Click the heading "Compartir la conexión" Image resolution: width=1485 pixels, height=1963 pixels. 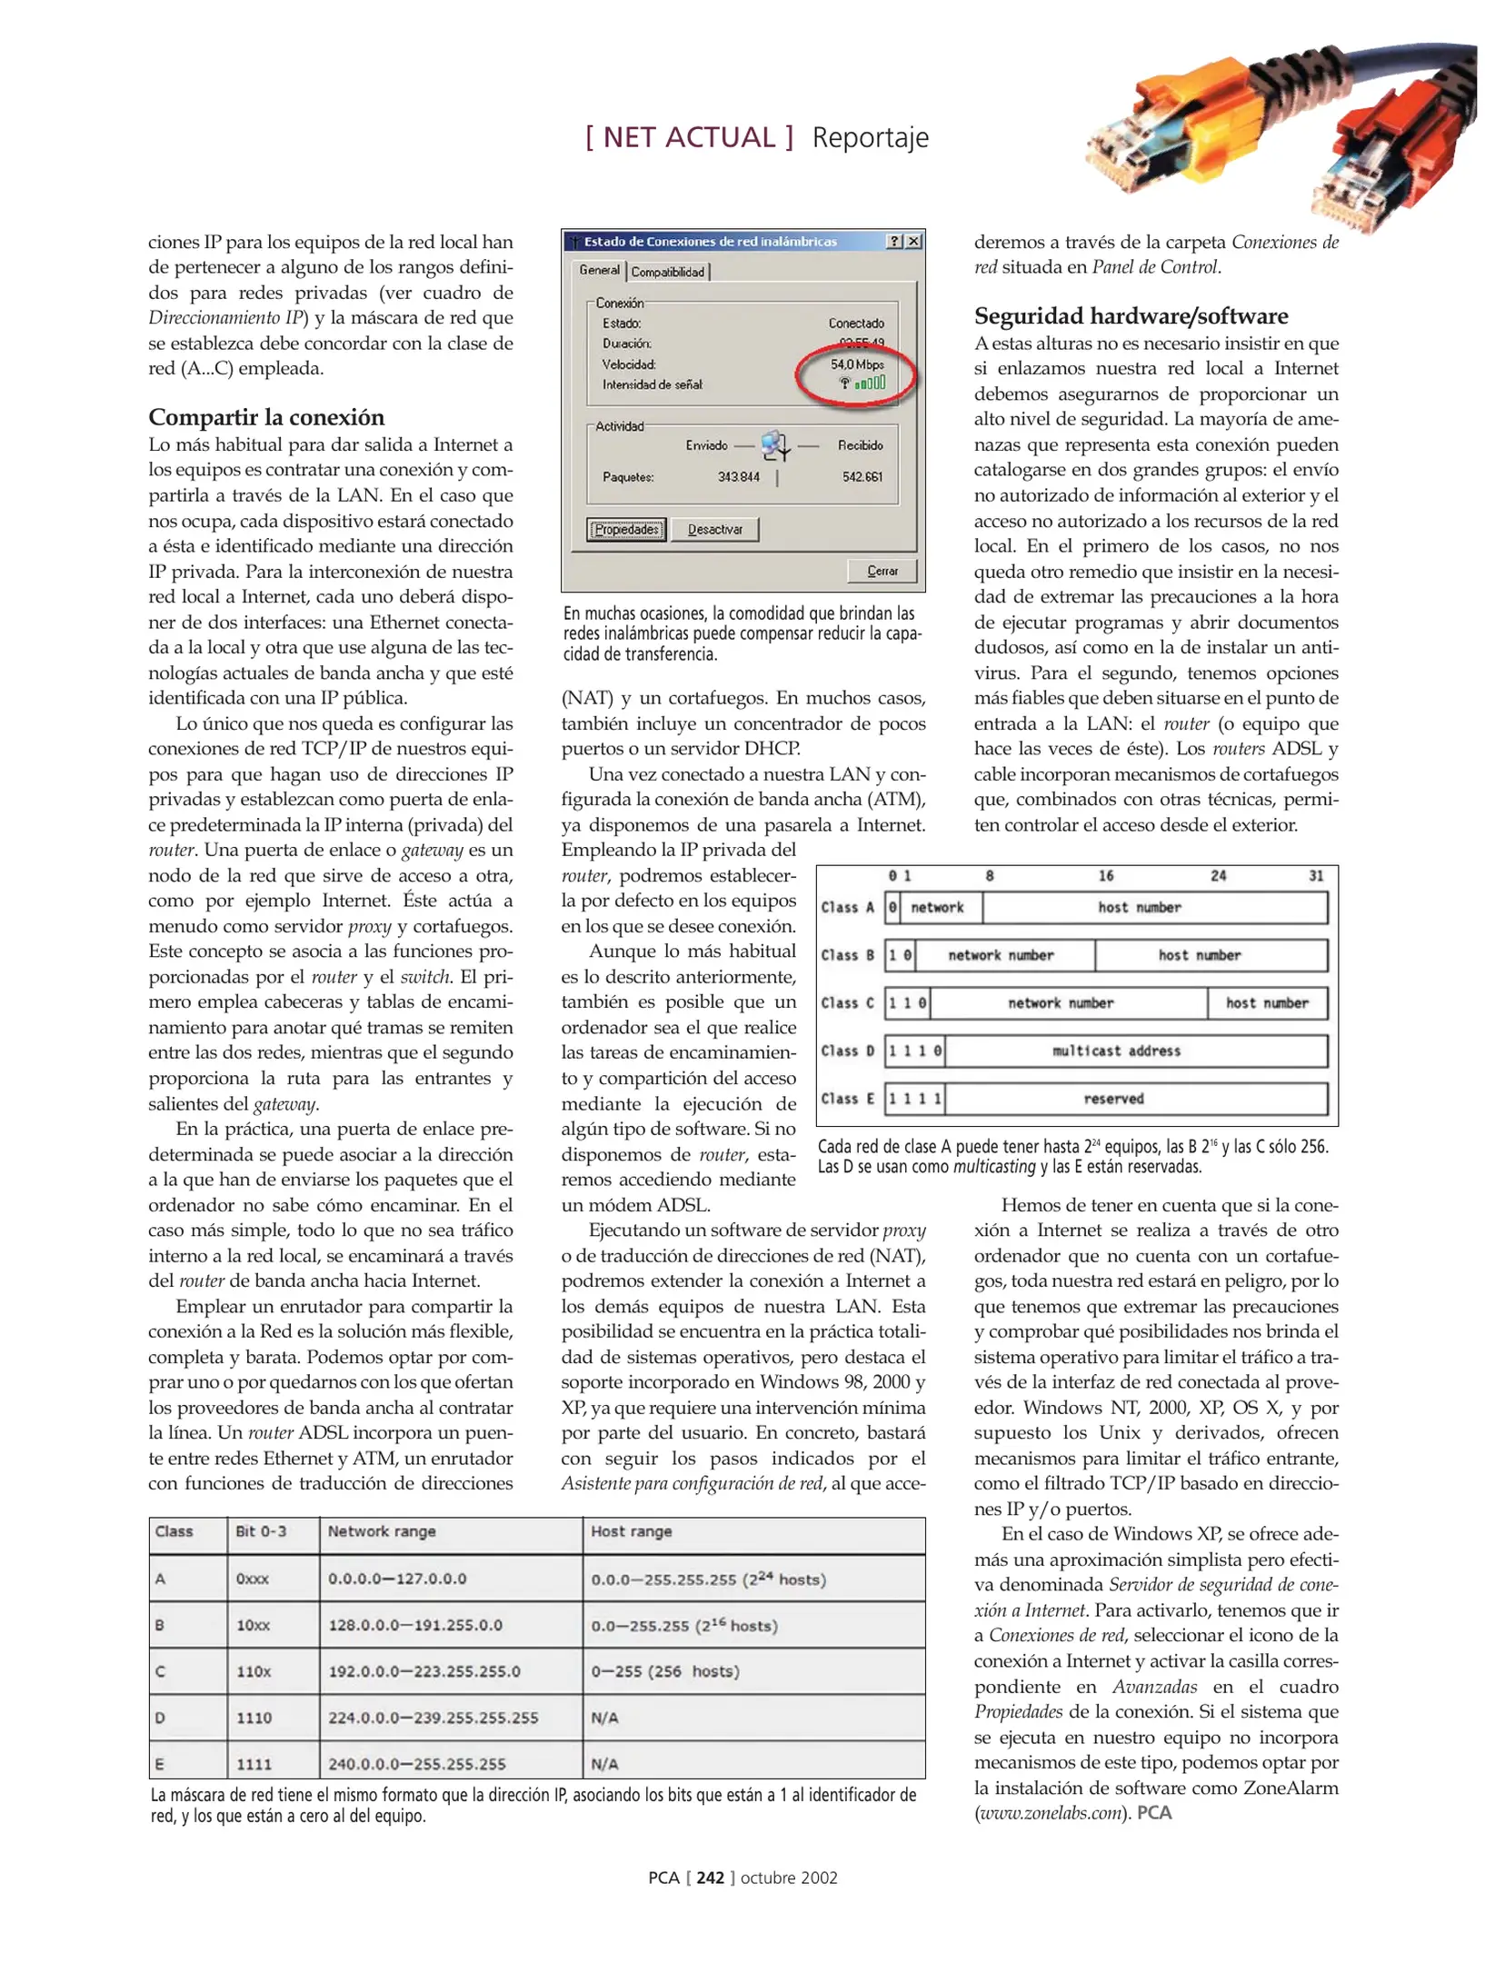266,417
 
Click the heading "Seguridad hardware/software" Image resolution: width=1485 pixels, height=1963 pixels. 1131,315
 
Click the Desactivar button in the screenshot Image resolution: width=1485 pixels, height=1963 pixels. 714,530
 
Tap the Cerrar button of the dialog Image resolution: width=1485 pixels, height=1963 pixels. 882,571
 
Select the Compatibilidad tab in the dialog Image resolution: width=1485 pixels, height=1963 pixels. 668,272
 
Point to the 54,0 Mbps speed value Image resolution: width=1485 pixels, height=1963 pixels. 857,364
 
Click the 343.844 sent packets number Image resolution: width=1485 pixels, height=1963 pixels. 738,477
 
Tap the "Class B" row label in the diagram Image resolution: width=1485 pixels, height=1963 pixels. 847,955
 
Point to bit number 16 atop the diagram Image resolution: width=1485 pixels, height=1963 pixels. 1105,876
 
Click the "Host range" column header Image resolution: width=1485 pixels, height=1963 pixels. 631,1531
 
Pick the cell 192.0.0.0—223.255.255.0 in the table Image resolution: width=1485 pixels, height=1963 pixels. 424,1671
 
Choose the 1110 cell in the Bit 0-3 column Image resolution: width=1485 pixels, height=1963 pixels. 254,1718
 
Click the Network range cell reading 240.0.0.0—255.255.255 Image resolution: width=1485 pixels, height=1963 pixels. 416,1764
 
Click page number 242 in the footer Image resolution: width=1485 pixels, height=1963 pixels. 710,1878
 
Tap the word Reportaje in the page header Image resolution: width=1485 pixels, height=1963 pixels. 870,137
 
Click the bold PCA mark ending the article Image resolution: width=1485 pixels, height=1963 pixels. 1154,1812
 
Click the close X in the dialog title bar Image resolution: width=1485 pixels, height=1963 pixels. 913,242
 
